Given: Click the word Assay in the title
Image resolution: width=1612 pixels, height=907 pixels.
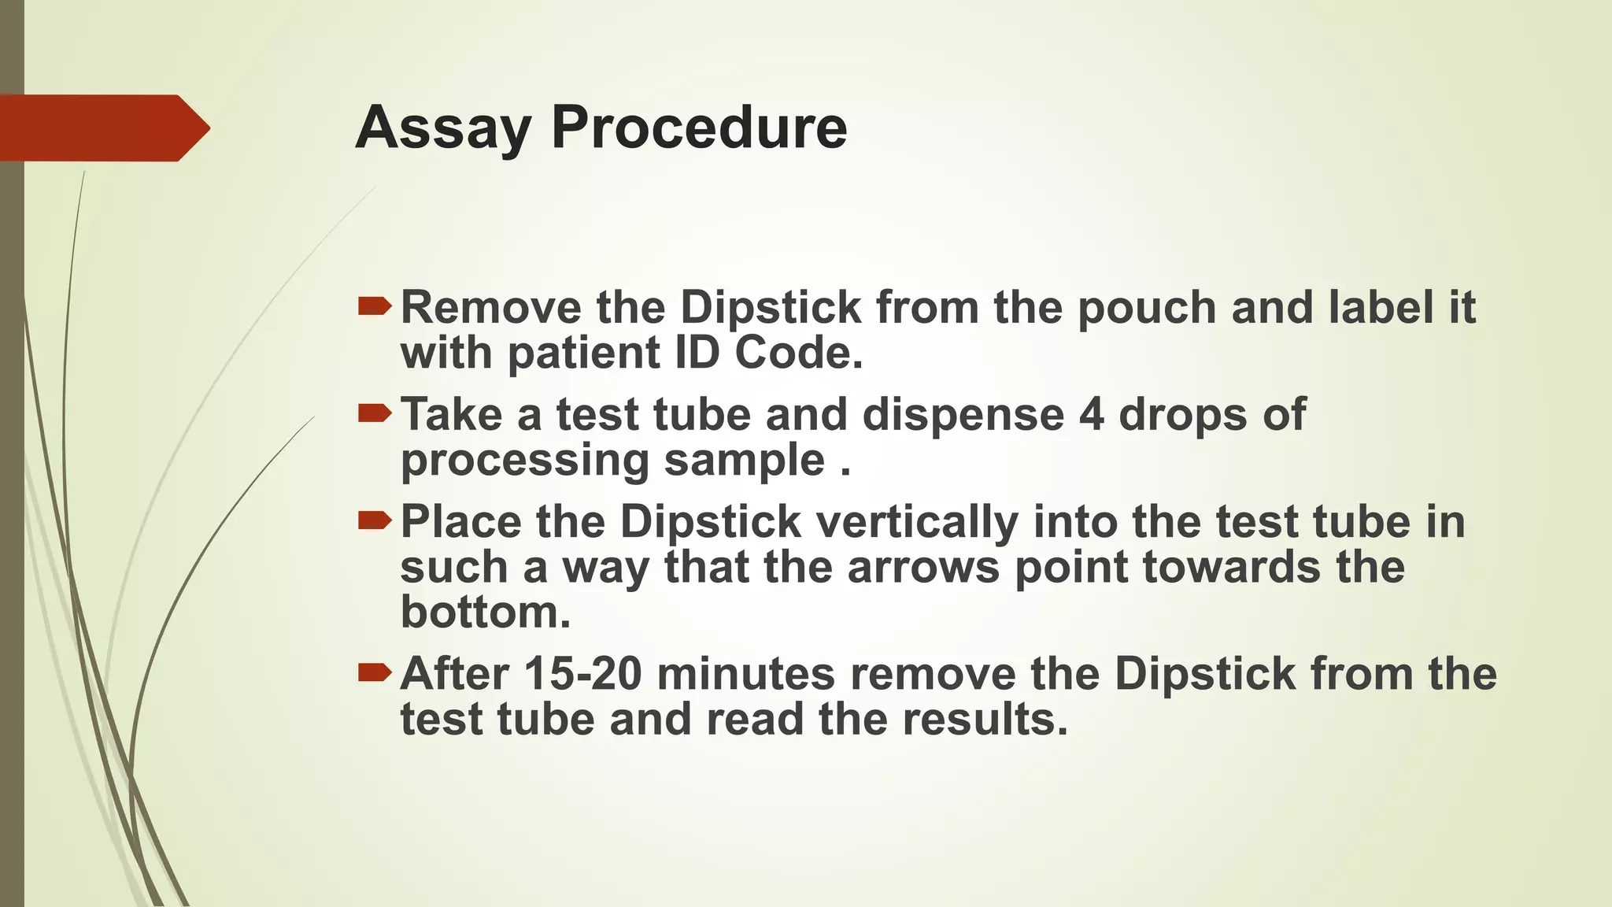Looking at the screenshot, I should click(x=442, y=128).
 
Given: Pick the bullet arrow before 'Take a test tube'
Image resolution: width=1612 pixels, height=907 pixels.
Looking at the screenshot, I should click(x=374, y=413).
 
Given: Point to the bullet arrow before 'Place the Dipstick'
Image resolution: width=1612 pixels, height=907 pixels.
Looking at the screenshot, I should click(x=374, y=520).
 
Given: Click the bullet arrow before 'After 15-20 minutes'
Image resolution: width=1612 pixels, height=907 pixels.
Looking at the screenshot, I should click(x=374, y=672).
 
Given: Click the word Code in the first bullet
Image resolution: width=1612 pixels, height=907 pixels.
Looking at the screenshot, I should click(x=798, y=352).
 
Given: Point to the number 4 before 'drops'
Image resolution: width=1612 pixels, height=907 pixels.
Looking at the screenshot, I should click(x=1091, y=414).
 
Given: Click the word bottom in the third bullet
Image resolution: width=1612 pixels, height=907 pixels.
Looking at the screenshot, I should click(x=485, y=612).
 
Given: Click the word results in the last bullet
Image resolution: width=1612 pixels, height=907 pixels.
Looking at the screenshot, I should click(x=985, y=719).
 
